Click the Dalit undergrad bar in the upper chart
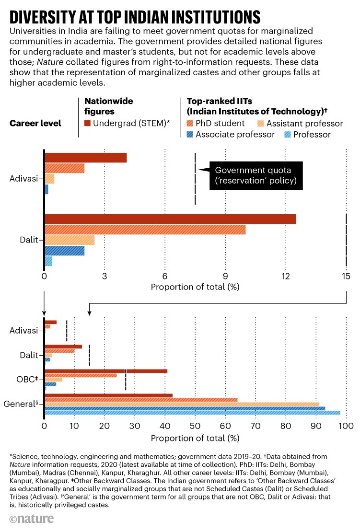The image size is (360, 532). (x=170, y=219)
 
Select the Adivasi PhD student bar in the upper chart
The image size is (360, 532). (x=65, y=168)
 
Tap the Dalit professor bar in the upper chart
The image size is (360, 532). (x=48, y=261)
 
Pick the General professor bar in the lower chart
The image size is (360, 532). (x=192, y=413)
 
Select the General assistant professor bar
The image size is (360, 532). (x=182, y=404)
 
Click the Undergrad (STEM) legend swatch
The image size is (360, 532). (x=88, y=124)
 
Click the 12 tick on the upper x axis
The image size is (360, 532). (x=286, y=276)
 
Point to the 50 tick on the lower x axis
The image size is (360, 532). (x=195, y=425)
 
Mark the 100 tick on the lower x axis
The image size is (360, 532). (x=345, y=425)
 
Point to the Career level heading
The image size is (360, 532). (x=35, y=123)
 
